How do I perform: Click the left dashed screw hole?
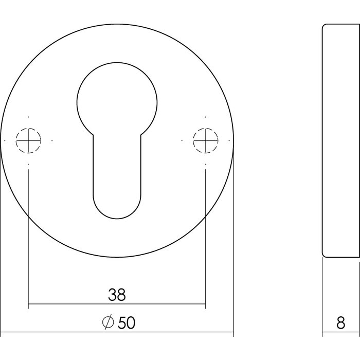pos(28,139)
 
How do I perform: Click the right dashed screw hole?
pos(205,139)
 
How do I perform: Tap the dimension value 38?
pos(117,295)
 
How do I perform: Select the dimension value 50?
pos(127,323)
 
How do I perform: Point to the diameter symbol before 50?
pos(108,323)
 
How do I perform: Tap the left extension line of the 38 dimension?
pos(28,231)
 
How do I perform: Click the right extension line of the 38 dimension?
pos(205,231)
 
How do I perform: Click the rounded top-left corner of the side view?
pos(324,26)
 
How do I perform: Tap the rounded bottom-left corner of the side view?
pos(324,254)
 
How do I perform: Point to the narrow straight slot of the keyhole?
pos(116,165)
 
